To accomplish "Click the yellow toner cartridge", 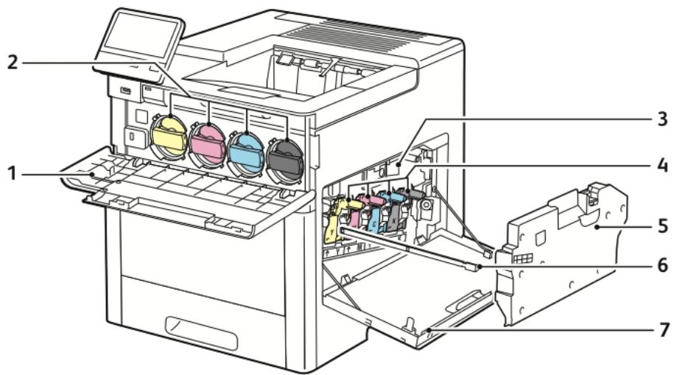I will point(169,136).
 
